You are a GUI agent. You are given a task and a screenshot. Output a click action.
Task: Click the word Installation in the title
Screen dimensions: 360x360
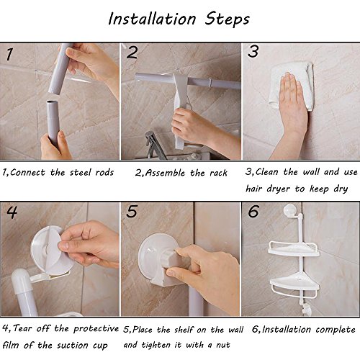[152, 19]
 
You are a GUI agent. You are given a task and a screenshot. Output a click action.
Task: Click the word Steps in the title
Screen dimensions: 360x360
[227, 19]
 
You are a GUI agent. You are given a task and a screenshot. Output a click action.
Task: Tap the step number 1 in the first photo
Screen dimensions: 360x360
[9, 54]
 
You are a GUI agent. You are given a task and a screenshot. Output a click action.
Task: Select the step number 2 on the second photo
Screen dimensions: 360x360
[132, 53]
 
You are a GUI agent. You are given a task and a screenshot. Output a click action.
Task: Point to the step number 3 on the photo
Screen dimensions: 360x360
[253, 51]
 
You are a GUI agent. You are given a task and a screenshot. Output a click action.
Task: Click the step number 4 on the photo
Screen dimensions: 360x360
[12, 212]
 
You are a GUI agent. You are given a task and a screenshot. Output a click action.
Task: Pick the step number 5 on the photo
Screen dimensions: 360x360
[132, 211]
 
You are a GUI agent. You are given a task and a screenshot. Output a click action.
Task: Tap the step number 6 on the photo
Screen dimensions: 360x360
[253, 211]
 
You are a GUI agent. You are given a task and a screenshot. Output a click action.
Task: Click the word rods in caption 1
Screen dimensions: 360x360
[104, 173]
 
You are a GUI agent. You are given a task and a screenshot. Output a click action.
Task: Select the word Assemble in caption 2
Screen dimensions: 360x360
[165, 173]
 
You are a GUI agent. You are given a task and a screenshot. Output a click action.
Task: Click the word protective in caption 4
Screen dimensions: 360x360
[96, 329]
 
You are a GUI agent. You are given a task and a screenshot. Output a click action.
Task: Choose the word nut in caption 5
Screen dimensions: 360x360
[223, 345]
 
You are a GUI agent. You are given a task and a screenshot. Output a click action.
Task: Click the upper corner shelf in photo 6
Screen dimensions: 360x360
[294, 249]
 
